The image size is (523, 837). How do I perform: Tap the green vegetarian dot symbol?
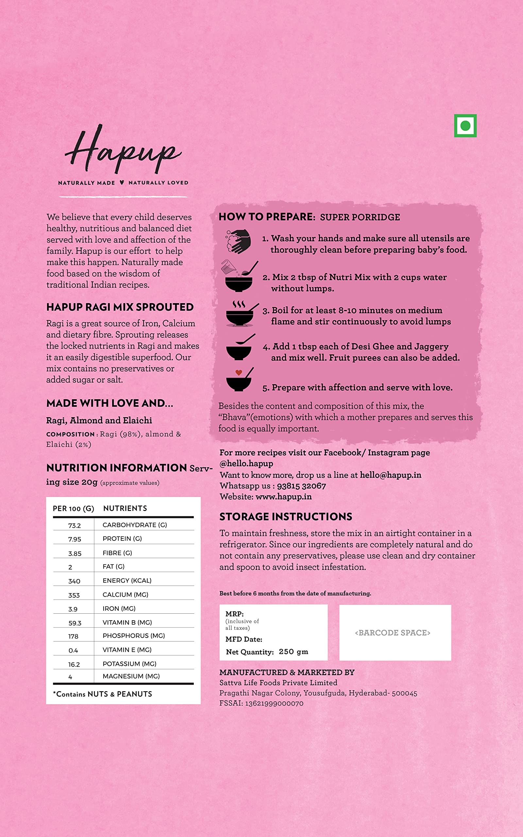(465, 126)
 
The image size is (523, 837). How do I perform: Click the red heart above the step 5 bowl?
(239, 372)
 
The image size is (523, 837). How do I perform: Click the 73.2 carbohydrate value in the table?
(75, 526)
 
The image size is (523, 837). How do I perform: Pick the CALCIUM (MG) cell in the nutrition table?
(125, 594)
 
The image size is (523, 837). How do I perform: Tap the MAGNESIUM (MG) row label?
(131, 676)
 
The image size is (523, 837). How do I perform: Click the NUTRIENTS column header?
(125, 508)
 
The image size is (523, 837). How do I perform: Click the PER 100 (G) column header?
(73, 509)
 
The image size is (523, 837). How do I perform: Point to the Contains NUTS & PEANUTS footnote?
(102, 694)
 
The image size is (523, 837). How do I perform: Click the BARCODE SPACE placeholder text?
(393, 633)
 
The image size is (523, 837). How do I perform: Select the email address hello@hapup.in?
(391, 475)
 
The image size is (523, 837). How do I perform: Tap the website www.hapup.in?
(284, 497)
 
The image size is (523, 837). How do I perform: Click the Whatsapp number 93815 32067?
(301, 486)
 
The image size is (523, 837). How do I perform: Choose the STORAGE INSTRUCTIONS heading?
(286, 517)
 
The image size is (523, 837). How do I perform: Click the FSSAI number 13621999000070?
(274, 703)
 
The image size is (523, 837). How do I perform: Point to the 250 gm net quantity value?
(293, 652)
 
